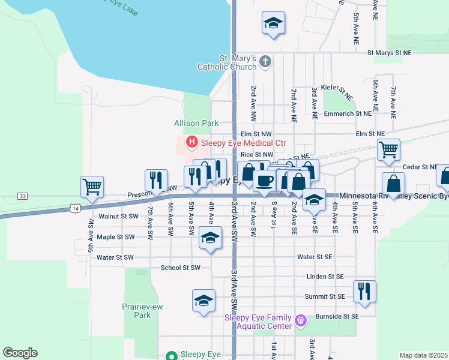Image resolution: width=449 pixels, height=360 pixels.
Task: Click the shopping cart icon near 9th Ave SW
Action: coord(92,187)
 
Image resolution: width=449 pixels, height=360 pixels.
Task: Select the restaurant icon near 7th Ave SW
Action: coord(155,180)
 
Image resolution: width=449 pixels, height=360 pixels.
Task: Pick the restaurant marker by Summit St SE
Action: coord(364,291)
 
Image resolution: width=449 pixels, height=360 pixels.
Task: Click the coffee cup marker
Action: coord(264,181)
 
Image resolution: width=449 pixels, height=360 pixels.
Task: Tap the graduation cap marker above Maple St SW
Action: coord(210,239)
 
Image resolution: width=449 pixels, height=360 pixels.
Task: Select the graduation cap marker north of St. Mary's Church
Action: coord(273,23)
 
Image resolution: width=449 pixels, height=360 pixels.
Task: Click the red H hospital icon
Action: coord(192,143)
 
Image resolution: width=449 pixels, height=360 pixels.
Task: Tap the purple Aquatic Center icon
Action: coord(302,321)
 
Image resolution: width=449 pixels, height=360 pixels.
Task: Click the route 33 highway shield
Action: coord(22,196)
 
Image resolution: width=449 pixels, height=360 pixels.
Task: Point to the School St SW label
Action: coord(180,268)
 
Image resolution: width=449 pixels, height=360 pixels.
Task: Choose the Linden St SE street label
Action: coord(324,277)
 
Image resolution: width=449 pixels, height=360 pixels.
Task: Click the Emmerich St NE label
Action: coord(348,113)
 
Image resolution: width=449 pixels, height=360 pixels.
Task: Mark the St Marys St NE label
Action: coord(393,53)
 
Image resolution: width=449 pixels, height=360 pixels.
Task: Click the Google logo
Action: coord(20,353)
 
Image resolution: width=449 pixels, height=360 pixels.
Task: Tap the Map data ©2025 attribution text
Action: coord(423,355)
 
